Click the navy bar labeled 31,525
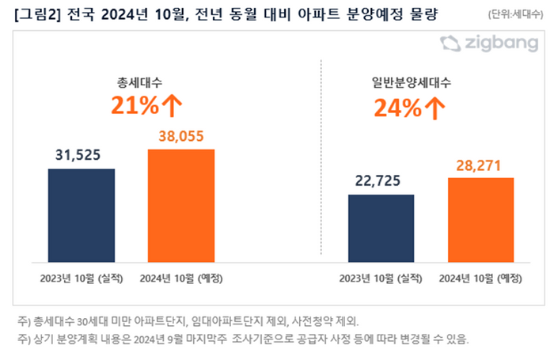click(82, 214)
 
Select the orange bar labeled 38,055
click(181, 205)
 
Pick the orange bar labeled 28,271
click(480, 220)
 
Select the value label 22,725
click(381, 182)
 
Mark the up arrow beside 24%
click(434, 108)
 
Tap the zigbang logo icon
click(450, 44)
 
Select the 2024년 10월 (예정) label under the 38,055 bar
click(181, 278)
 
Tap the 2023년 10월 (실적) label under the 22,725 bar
click(381, 278)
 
